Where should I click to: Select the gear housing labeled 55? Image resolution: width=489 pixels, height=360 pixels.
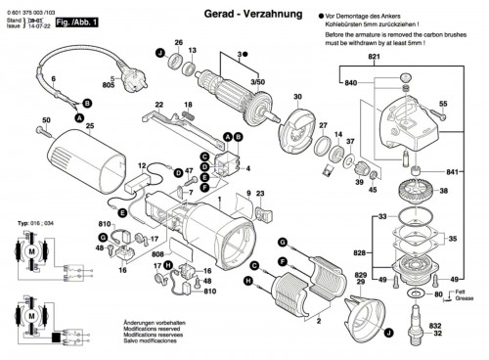click(x=401, y=112)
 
